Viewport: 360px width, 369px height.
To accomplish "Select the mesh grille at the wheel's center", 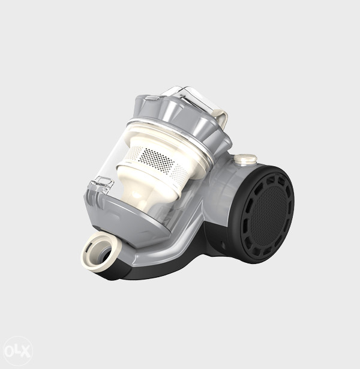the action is [x=268, y=214].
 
